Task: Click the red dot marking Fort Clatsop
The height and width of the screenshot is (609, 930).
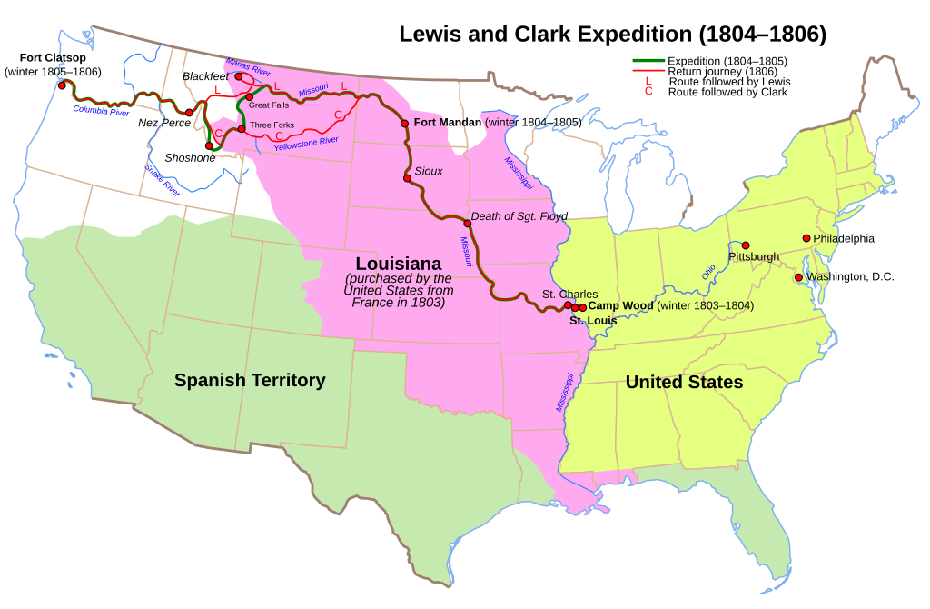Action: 62,85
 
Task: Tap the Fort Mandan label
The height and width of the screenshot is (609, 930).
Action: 447,122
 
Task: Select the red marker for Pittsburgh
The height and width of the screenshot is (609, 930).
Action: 745,245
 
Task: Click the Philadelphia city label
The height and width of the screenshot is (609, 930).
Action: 844,238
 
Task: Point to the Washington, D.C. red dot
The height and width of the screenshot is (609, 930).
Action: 798,277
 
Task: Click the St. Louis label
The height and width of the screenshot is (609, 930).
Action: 592,321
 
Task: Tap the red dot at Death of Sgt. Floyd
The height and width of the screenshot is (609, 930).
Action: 468,223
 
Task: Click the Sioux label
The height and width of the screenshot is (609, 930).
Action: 429,171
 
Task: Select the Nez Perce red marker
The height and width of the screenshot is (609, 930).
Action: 189,113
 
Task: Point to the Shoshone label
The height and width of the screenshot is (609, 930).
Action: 190,158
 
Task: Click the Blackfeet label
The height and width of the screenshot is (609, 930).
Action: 206,77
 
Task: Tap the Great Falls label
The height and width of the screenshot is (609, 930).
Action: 268,106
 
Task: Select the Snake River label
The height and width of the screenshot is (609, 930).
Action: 163,180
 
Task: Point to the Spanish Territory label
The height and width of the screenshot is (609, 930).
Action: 250,381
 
